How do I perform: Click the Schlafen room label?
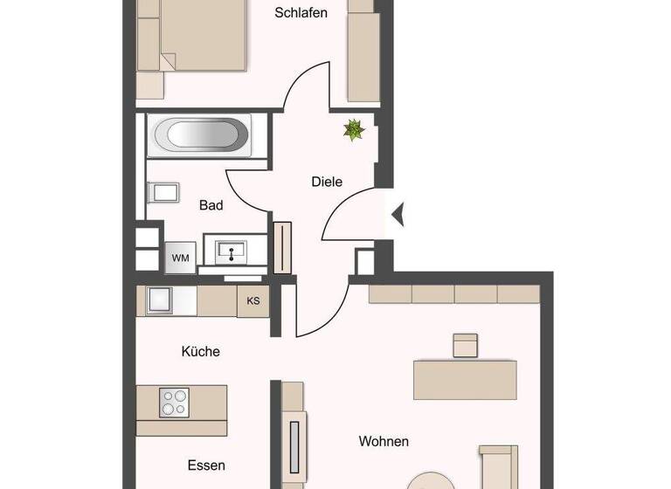(301, 12)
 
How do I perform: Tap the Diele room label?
(327, 182)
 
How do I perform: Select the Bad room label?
(211, 205)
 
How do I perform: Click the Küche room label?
(200, 351)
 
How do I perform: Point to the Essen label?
(206, 465)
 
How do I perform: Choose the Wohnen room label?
(384, 441)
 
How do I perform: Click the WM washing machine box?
(180, 258)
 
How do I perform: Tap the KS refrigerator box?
(253, 301)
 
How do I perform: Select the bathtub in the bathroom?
(201, 135)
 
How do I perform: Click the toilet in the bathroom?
(163, 192)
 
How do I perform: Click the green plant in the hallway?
(354, 131)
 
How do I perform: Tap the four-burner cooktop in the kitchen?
(175, 403)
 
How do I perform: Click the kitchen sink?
(160, 300)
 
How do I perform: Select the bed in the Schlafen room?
(194, 35)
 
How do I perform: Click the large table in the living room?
(465, 379)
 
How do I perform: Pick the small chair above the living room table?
(466, 345)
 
